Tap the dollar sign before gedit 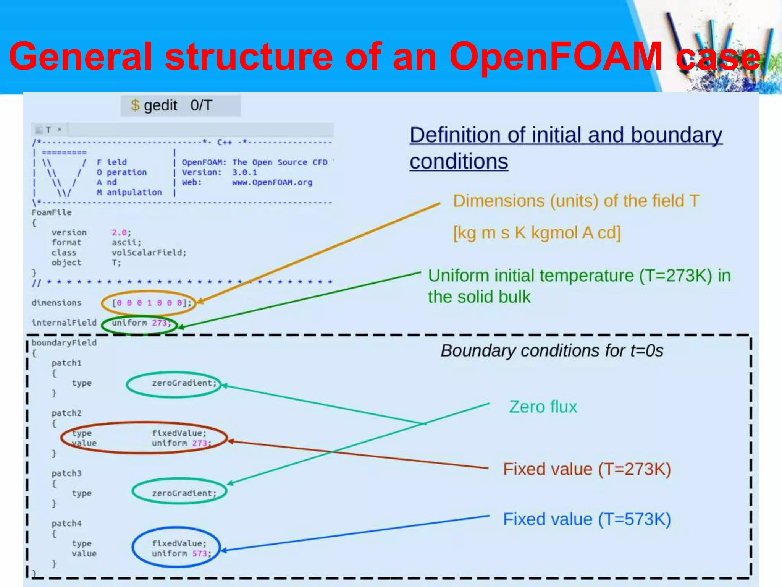tap(135, 105)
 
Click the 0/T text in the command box tap(201, 105)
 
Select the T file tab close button tap(60, 130)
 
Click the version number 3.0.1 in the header tap(244, 172)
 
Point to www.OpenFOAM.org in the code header tap(272, 182)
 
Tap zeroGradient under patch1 tap(184, 383)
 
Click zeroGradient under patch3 tap(184, 493)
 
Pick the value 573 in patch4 tap(200, 554)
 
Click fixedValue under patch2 tap(178, 433)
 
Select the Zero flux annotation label tap(543, 407)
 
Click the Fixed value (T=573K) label tap(586, 519)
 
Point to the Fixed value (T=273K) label tap(586, 469)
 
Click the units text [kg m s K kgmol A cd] tap(536, 232)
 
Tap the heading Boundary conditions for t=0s tap(552, 351)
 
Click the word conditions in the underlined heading tap(459, 162)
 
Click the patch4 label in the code tap(66, 524)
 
